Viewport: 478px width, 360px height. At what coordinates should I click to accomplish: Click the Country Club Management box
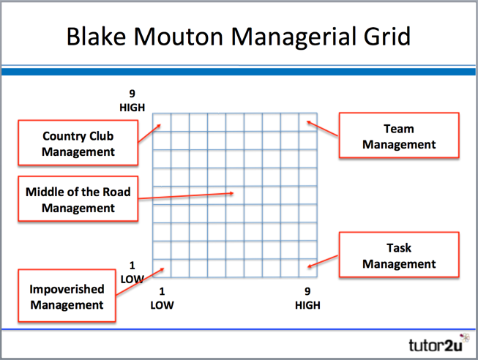tap(78, 143)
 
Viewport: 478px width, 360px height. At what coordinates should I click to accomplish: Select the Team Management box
tap(399, 136)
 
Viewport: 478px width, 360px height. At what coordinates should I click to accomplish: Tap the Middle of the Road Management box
tap(78, 199)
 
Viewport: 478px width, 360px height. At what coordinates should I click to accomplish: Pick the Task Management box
tap(399, 256)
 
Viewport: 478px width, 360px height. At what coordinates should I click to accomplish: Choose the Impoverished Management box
tap(67, 296)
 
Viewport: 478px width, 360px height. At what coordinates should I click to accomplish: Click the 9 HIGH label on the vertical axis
tap(132, 101)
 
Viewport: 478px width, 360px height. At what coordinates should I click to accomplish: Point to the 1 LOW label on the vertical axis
tap(132, 271)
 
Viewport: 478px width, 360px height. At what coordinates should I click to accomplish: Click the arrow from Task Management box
tap(323, 261)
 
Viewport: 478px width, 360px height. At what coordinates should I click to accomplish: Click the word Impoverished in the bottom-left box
tap(67, 289)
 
